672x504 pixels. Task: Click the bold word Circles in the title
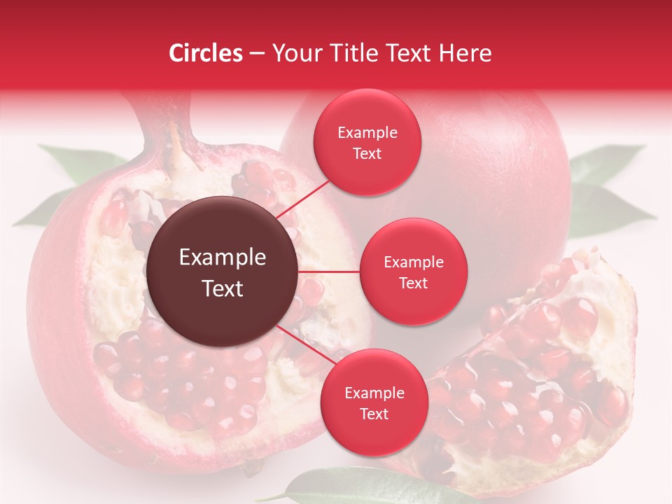pos(205,53)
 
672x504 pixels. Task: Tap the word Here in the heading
pos(465,53)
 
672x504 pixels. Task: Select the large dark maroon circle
pos(223,272)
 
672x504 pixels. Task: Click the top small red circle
pos(367,143)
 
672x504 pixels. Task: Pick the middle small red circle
pos(414,272)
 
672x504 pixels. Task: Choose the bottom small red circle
pos(374,402)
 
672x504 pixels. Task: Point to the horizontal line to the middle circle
pos(329,272)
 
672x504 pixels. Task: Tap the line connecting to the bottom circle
pos(304,346)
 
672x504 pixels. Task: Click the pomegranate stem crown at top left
pos(171,129)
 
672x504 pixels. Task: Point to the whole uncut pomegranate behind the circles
pos(490,175)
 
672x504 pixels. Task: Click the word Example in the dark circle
pos(223,258)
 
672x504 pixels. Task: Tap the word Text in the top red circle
pos(367,154)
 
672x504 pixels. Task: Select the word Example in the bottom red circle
pos(374,393)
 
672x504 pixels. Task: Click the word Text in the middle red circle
pos(414,283)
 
